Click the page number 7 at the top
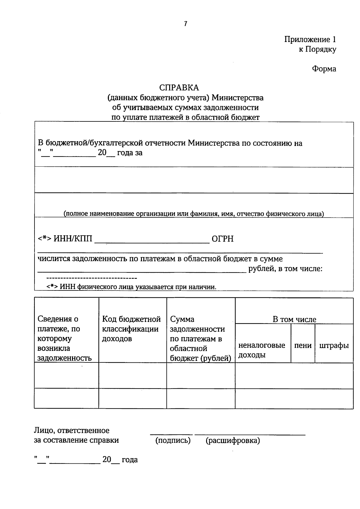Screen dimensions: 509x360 point(186,24)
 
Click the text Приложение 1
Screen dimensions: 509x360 point(310,39)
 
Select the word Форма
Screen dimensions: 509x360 point(324,69)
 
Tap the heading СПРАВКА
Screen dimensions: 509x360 point(179,88)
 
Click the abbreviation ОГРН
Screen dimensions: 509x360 point(222,239)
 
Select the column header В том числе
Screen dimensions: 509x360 point(294,319)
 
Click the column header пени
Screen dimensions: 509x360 point(302,345)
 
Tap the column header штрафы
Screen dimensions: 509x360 point(334,345)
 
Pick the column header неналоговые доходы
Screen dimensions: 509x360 point(262,350)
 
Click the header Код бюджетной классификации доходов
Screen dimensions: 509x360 point(131,329)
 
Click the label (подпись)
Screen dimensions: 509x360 point(173,440)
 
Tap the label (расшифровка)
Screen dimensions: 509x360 point(233,440)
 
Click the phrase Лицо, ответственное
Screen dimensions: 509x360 point(71,430)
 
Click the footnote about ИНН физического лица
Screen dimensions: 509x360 point(131,287)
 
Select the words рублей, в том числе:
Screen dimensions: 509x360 point(285,269)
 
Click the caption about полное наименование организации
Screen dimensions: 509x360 point(193,214)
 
